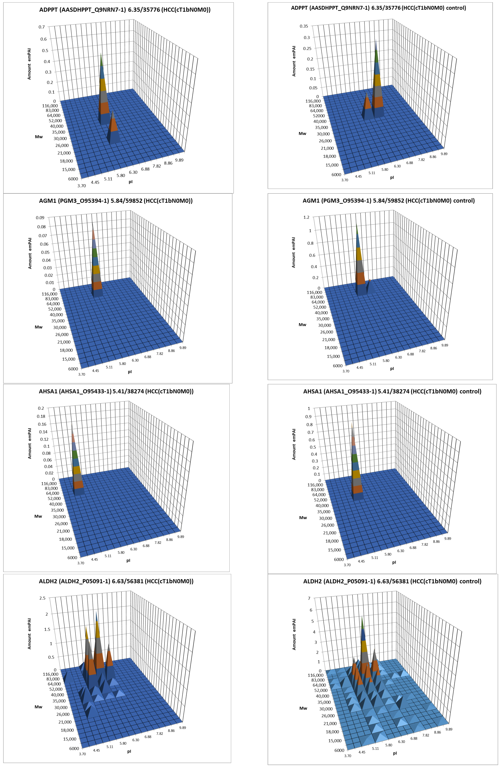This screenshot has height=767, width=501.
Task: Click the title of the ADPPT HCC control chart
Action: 378,8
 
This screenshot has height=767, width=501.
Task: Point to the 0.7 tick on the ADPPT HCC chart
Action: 42,27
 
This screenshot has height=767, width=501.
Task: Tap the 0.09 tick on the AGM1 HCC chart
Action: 40,218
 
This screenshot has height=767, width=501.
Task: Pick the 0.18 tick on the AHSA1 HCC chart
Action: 41,416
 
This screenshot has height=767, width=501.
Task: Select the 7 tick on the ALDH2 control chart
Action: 309,598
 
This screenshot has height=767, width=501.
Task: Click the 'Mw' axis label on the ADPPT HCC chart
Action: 39,137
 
